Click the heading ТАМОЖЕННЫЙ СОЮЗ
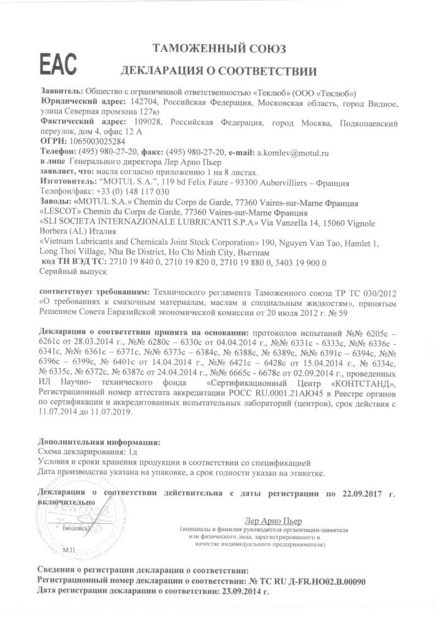220,48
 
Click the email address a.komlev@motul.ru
293,153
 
